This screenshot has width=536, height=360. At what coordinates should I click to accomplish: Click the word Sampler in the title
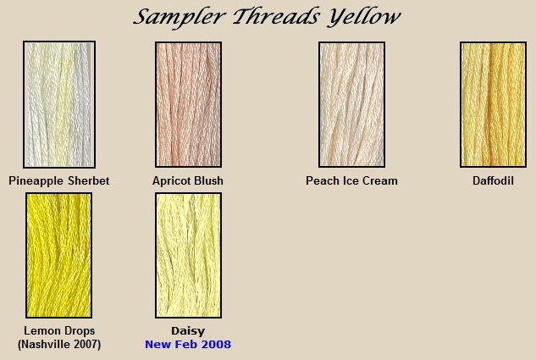(180, 17)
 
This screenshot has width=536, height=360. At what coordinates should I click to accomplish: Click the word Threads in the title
(276, 16)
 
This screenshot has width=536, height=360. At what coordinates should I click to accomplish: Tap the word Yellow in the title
(363, 17)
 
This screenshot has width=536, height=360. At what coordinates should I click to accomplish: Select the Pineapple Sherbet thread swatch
(59, 105)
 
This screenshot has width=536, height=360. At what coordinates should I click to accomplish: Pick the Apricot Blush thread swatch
(188, 105)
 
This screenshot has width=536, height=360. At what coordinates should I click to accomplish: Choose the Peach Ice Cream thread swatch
(351, 105)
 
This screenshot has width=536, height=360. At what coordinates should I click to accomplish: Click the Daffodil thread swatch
(493, 105)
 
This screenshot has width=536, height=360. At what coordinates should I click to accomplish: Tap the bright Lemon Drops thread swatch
(58, 255)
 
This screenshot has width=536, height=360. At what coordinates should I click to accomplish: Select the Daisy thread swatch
(188, 255)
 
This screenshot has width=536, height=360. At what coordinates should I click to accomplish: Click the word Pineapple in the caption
(36, 181)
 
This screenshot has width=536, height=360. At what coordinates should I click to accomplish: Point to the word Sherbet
(89, 180)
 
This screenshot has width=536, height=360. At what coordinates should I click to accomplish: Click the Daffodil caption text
(493, 180)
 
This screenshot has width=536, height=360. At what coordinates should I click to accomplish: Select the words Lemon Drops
(59, 330)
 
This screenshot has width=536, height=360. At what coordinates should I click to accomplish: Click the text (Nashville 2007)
(59, 344)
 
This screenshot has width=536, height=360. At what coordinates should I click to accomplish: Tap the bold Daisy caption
(188, 331)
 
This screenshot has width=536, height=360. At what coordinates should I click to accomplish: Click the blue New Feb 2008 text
(188, 344)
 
